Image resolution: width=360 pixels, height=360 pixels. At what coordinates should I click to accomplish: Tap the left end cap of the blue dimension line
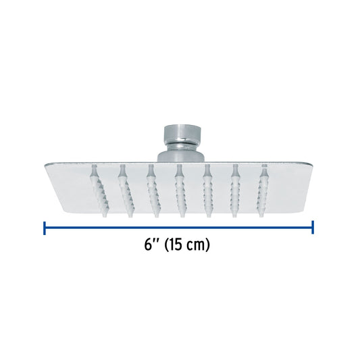tap(45, 228)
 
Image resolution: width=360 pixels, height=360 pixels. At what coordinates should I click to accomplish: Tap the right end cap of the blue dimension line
tap(313, 228)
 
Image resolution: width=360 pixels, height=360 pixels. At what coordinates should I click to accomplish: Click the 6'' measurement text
tap(151, 245)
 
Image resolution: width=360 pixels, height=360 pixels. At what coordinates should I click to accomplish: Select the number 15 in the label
tap(176, 245)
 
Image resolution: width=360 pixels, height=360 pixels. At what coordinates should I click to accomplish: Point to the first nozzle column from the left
tap(100, 190)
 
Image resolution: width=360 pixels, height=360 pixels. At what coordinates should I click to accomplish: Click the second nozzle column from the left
tap(126, 190)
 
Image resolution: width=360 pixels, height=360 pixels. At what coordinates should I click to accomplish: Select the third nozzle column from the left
tap(153, 190)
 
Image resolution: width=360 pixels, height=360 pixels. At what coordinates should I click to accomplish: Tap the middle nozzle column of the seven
tap(181, 190)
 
